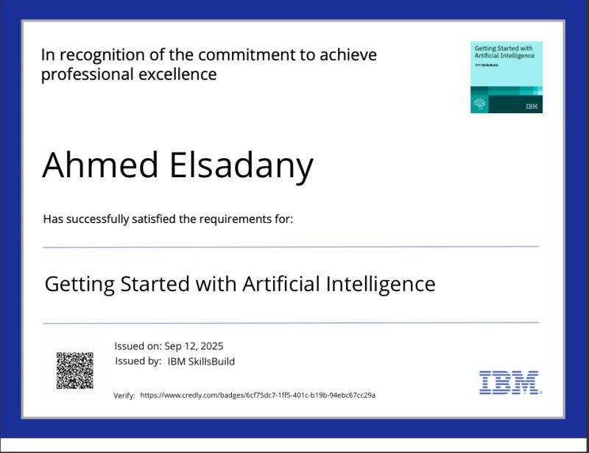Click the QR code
coord(75,370)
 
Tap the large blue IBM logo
coord(509,382)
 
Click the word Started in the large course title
coord(155,283)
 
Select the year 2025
coord(211,346)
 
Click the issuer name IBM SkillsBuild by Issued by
coord(201,361)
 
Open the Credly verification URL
coord(258,395)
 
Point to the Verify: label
coord(124,396)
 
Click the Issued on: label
coord(138,346)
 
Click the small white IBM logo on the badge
coord(532,107)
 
